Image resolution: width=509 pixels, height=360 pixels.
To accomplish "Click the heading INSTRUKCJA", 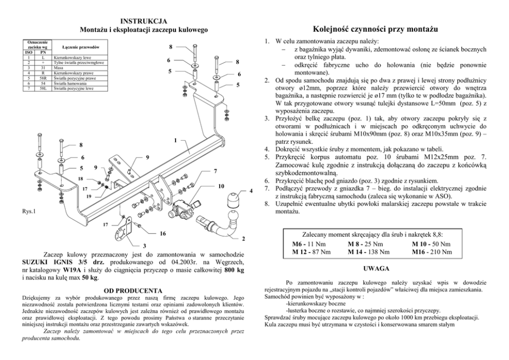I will (141, 21).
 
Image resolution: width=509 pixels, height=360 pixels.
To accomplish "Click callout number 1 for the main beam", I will (175, 140).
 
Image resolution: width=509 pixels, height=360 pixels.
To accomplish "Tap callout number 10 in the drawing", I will (221, 185).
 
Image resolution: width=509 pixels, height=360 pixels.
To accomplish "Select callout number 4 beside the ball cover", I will (251, 192).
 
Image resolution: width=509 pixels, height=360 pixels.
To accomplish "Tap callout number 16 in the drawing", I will (163, 234).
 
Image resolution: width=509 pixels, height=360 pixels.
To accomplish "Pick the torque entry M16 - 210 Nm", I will (432, 252).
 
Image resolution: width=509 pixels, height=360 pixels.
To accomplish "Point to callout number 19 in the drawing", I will (89, 196).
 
